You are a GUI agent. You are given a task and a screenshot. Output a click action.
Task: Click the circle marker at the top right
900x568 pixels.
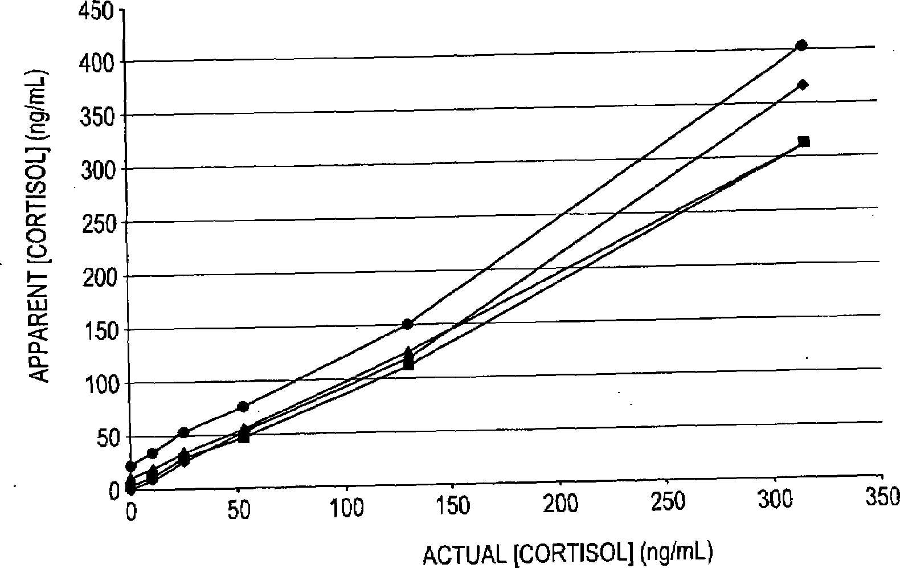[801, 46]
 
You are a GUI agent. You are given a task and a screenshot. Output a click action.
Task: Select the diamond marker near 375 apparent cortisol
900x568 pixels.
[803, 85]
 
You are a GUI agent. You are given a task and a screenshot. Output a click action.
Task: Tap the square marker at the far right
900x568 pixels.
[804, 141]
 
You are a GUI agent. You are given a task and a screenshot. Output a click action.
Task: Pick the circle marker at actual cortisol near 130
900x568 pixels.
[407, 324]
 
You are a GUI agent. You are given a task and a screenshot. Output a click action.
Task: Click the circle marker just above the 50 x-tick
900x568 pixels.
[243, 406]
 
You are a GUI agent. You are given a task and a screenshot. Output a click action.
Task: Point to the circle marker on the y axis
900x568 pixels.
[131, 466]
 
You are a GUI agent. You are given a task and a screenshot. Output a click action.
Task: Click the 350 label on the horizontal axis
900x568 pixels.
[882, 497]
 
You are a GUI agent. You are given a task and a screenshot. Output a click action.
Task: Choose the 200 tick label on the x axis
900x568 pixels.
[561, 504]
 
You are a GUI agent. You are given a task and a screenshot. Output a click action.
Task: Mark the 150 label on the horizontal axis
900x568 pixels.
[453, 506]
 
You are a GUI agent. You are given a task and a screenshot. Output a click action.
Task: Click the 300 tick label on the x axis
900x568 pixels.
[775, 500]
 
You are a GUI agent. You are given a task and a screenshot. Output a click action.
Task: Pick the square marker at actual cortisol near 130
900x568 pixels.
[408, 364]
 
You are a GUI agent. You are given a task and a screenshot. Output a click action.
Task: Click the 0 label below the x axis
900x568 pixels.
[131, 513]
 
